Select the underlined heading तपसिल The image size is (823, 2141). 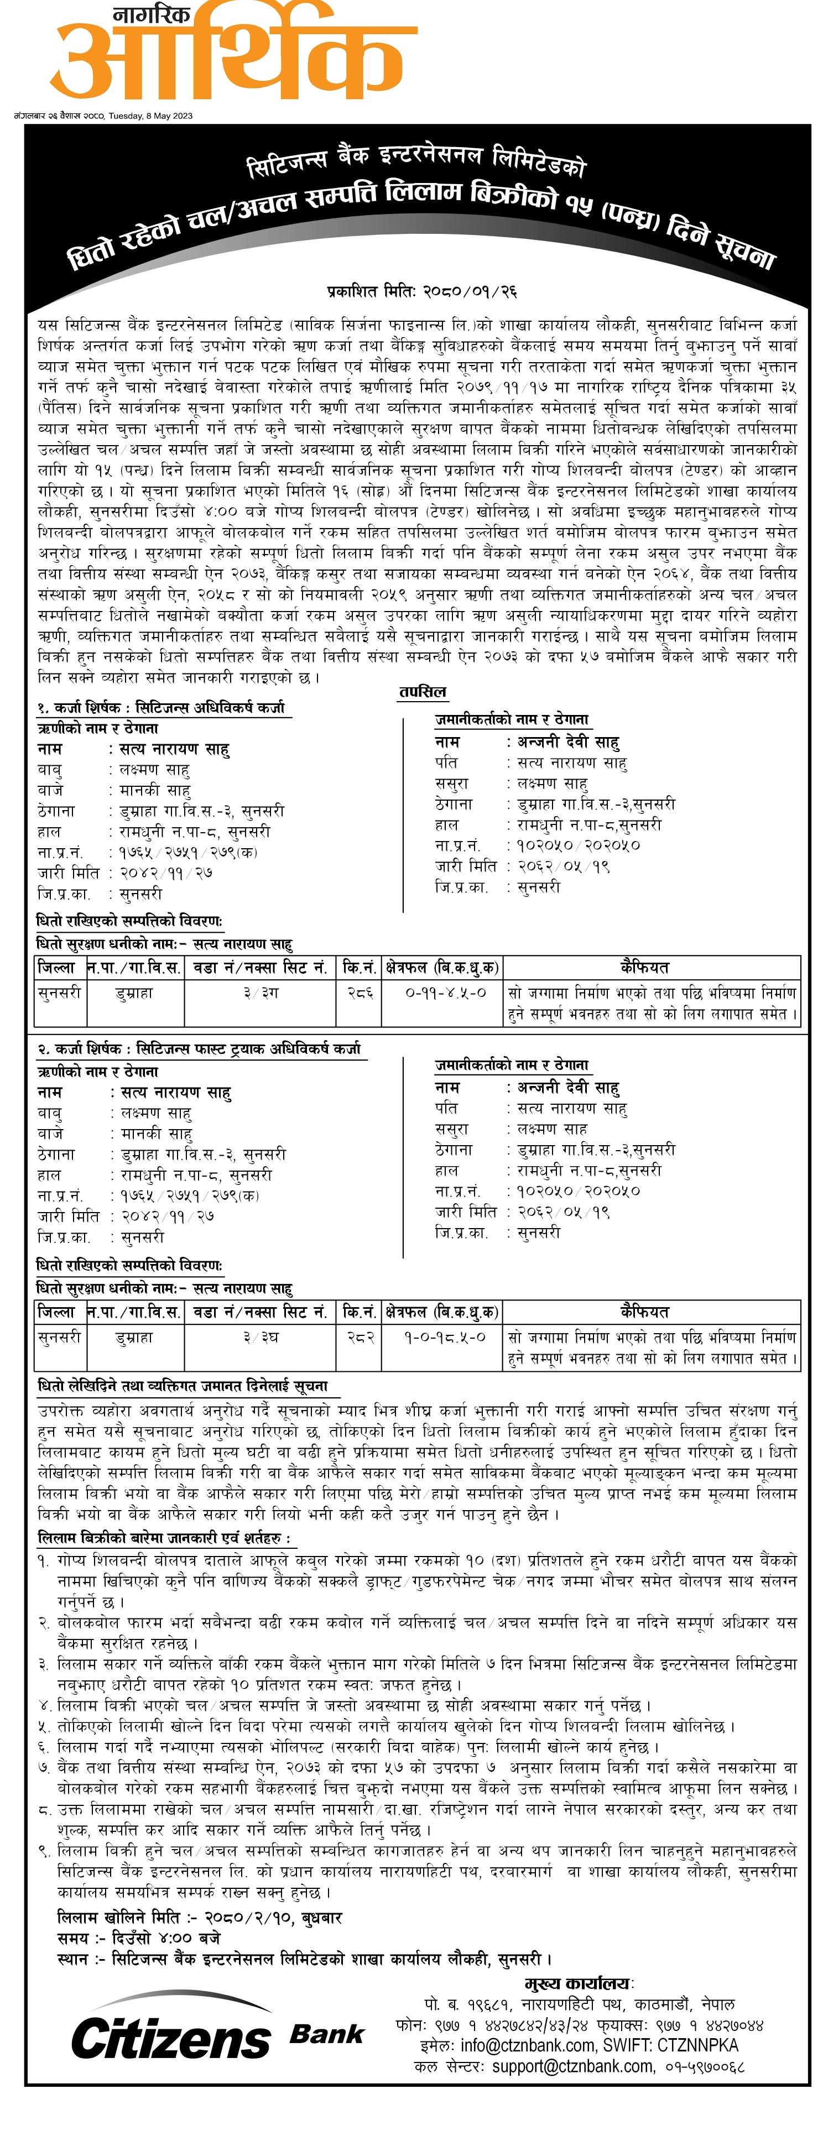coord(423,692)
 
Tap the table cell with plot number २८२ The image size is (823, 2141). coord(359,1337)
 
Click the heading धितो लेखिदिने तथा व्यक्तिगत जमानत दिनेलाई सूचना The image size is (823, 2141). coord(183,1386)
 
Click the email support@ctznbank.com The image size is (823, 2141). coord(573,2066)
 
